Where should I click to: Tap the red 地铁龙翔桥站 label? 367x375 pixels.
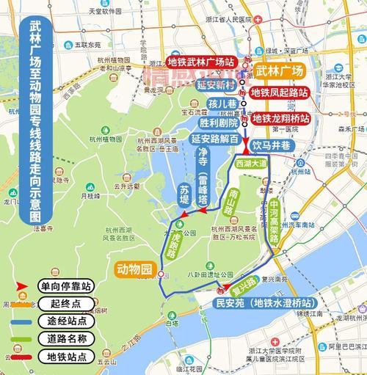tap(281, 117)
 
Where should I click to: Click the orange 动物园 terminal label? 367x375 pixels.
tap(134, 269)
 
